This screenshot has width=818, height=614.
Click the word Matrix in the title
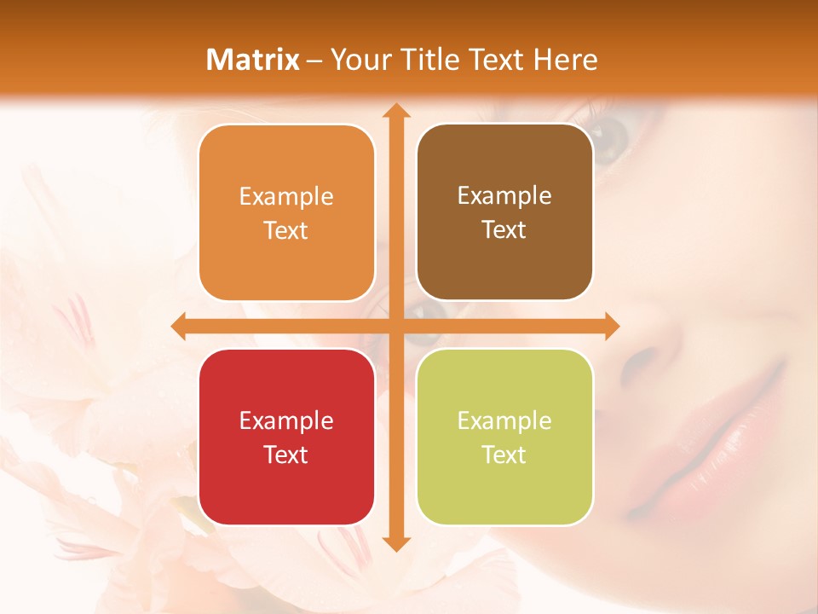[253, 60]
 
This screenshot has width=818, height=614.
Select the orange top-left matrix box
[286, 213]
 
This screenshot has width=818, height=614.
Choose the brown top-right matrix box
[504, 212]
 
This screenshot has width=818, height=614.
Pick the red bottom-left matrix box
[286, 437]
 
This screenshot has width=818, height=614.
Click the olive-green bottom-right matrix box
[504, 437]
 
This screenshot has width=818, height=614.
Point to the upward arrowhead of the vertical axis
[395, 111]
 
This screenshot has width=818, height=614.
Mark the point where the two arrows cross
[395, 326]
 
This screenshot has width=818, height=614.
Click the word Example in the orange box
[286, 197]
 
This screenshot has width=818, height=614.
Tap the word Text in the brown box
[504, 229]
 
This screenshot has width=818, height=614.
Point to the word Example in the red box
[286, 420]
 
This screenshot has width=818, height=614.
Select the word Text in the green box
[504, 455]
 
